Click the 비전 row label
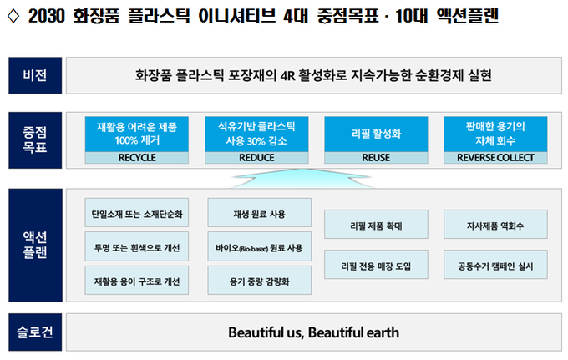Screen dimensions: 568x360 click(x=35, y=75)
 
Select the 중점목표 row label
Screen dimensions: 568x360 click(x=35, y=140)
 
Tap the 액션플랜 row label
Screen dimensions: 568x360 click(x=35, y=245)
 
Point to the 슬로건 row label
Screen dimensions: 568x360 click(x=35, y=332)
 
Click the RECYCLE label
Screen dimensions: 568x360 click(x=137, y=158)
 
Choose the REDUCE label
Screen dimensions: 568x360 click(x=256, y=158)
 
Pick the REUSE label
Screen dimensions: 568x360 click(x=376, y=158)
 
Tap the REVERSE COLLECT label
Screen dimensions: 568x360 click(x=495, y=158)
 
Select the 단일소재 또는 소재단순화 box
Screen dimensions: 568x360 click(x=137, y=213)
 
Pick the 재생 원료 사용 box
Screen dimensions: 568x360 click(x=260, y=213)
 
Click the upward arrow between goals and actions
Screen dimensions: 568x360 click(x=302, y=178)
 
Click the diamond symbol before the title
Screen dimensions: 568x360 click(x=13, y=16)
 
